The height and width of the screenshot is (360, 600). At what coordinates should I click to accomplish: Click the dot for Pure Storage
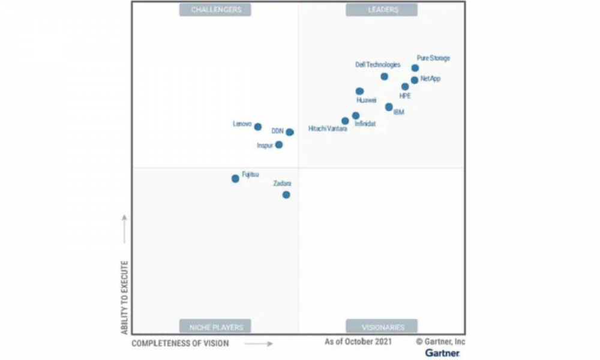(415, 68)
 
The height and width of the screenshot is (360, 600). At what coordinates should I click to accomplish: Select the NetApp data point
(415, 80)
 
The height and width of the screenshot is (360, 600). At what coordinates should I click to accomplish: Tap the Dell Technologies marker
(384, 76)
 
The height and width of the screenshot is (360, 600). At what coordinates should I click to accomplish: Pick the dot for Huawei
(359, 91)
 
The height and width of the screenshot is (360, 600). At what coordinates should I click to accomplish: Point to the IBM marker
(389, 107)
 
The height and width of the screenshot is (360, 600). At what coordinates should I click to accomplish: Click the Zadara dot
(286, 194)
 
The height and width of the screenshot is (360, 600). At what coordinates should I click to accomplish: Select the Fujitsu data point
(235, 178)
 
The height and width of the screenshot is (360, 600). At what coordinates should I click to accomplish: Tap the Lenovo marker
(257, 127)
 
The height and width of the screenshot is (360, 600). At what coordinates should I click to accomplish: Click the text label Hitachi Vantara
(327, 128)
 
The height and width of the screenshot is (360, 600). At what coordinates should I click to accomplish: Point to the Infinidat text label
(365, 124)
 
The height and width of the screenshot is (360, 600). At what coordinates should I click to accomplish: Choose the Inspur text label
(265, 145)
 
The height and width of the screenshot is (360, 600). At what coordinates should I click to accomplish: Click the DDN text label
(277, 131)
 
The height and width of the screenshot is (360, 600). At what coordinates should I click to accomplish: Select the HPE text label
(405, 96)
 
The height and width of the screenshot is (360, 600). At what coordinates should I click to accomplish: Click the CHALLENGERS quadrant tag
(216, 10)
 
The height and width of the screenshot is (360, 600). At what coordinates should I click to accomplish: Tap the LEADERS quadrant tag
(382, 10)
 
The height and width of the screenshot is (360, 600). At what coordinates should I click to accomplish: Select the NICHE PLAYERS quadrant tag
(216, 327)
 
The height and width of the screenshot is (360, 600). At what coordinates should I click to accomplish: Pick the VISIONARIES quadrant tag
(382, 327)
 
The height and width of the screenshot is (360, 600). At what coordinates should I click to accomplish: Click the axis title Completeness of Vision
(180, 343)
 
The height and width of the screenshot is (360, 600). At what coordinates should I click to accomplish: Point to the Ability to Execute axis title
(125, 297)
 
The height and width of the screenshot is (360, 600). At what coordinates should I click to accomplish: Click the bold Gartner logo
(443, 353)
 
